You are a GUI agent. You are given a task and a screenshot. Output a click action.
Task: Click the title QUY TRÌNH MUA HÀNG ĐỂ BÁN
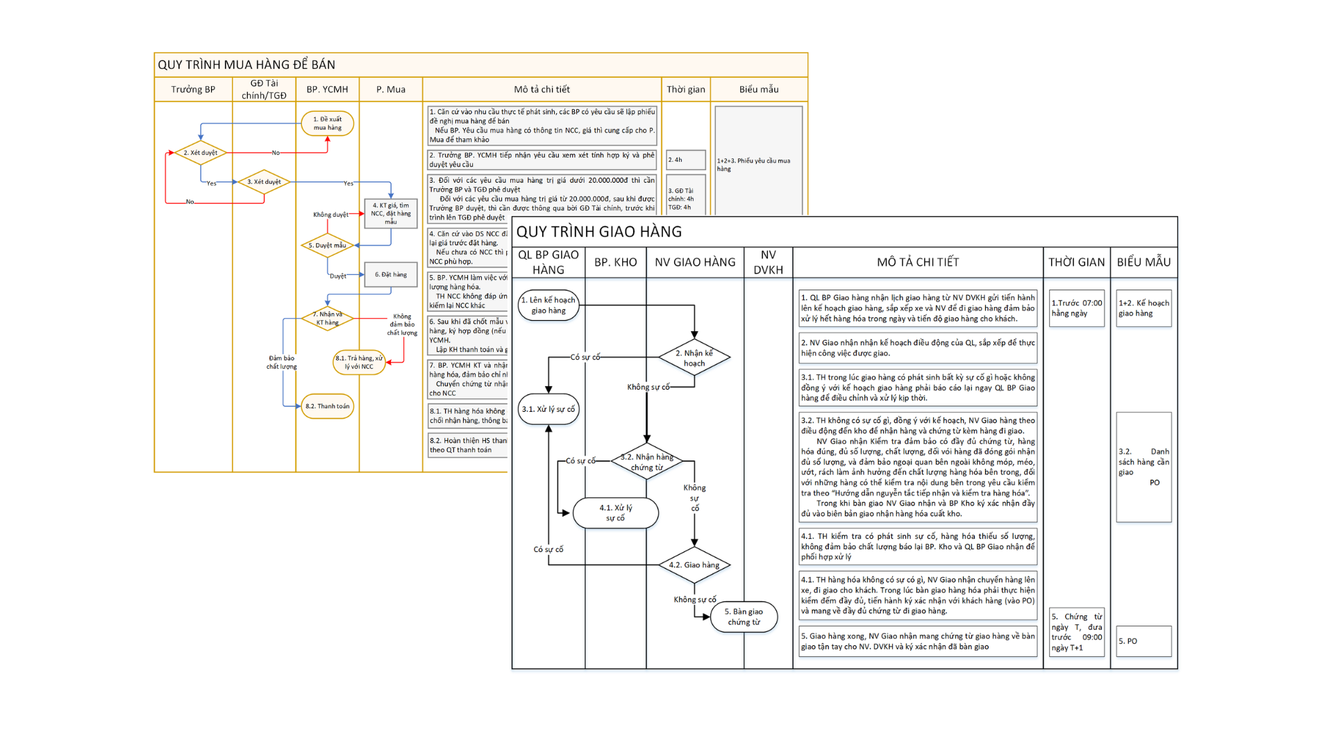point(246,65)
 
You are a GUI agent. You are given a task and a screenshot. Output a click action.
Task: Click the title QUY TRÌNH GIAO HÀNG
point(599,232)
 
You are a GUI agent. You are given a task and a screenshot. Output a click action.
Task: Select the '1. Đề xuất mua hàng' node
point(328,124)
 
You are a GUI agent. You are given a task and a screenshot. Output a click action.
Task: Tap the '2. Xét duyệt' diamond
point(200,153)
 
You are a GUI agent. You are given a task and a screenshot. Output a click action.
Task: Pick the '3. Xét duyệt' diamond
point(264,182)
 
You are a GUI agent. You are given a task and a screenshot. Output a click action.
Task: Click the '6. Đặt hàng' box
point(391,274)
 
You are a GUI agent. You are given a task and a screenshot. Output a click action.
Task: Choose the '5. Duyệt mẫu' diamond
point(327,245)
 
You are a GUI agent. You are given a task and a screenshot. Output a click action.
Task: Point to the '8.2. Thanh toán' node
point(328,406)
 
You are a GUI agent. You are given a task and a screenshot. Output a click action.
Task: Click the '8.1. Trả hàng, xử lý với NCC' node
point(359,362)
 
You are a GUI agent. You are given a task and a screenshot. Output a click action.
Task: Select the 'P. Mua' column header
point(391,90)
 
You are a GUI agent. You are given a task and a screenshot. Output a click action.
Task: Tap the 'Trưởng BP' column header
point(193,90)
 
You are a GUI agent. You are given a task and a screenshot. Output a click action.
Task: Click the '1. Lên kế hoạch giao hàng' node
point(548,306)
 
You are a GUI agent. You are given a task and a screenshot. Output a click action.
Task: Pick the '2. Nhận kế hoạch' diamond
point(694,358)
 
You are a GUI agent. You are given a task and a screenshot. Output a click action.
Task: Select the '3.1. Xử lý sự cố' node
point(548,409)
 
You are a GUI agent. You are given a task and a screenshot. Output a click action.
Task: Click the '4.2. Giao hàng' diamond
point(694,565)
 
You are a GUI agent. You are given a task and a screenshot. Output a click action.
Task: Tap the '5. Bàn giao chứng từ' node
point(744,617)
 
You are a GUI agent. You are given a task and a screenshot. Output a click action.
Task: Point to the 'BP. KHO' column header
point(615,262)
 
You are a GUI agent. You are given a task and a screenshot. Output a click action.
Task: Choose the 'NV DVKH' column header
point(768,262)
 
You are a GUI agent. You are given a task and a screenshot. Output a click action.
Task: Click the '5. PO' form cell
point(1143,641)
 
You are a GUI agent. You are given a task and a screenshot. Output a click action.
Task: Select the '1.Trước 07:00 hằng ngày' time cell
point(1076,308)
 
